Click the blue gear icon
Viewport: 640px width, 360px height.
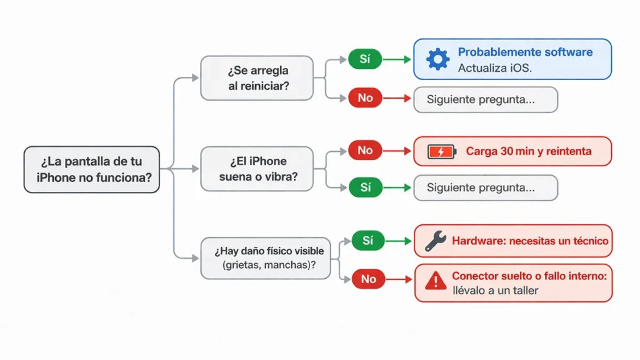pos(437,59)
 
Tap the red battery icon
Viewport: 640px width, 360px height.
pos(442,151)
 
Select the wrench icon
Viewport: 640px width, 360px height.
pos(435,241)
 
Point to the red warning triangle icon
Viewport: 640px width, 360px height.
pos(435,282)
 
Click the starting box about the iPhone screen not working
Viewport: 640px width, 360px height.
pos(91,169)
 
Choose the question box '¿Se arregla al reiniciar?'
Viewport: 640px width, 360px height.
pos(257,77)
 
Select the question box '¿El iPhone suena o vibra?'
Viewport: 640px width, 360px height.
pos(257,169)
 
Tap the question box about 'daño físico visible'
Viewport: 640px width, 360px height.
pos(266,257)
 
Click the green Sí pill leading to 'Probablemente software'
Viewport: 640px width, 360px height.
pos(364,59)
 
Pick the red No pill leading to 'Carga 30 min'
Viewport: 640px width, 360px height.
pos(364,151)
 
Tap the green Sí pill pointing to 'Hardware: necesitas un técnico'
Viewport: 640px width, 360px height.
pos(367,241)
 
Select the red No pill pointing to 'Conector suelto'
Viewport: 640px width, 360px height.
pos(367,279)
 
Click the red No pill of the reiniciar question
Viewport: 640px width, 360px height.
pos(364,98)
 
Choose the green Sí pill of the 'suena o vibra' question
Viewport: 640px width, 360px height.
pos(364,187)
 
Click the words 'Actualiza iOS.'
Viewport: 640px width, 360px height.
pos(494,68)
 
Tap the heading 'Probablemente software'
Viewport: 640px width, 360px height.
pos(525,52)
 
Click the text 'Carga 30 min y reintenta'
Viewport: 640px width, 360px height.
pos(529,151)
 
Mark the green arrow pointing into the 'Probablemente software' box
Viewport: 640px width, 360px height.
pos(397,59)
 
